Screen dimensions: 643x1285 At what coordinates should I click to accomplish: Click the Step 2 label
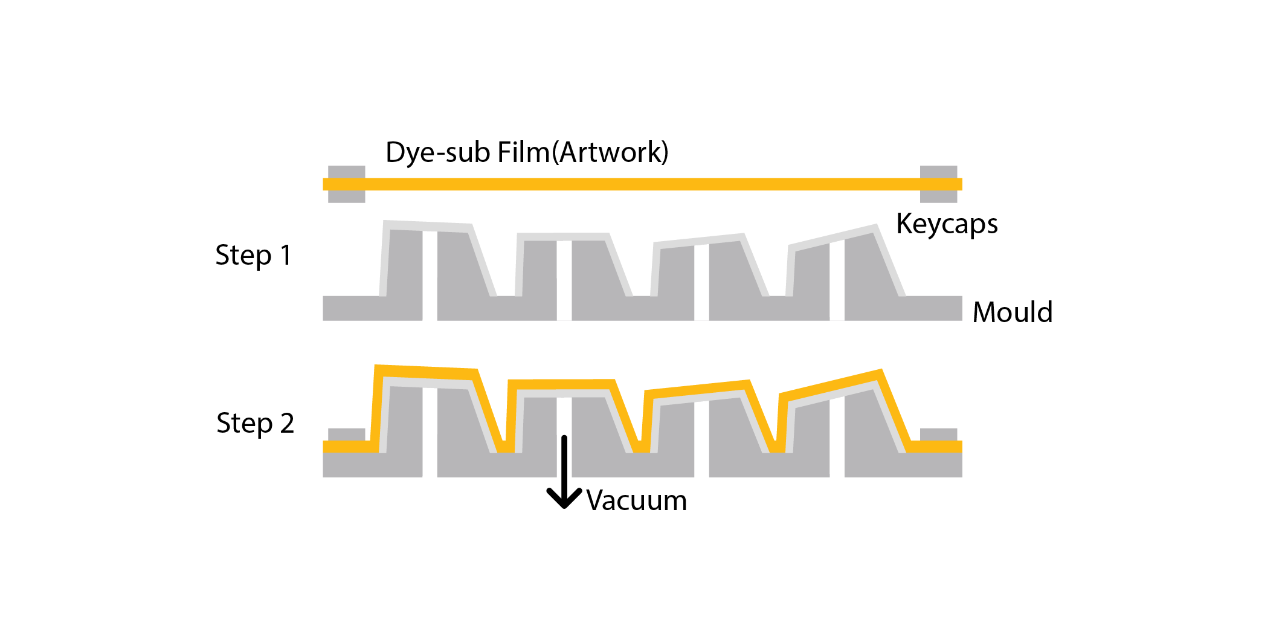[x=255, y=423]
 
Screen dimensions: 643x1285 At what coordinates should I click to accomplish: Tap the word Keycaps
[x=946, y=224]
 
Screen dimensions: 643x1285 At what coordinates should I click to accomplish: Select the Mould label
[x=1013, y=312]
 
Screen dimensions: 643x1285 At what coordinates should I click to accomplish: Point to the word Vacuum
[x=636, y=501]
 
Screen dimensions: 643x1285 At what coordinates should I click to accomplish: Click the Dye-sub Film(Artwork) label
[x=527, y=152]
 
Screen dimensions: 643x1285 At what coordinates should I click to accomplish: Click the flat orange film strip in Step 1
[x=640, y=184]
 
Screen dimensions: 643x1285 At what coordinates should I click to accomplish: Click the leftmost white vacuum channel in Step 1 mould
[x=430, y=275]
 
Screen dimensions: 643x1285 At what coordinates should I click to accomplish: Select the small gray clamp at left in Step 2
[x=346, y=435]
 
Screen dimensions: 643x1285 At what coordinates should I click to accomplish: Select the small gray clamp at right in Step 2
[x=938, y=435]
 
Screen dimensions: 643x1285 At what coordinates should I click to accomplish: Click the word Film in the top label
[x=523, y=152]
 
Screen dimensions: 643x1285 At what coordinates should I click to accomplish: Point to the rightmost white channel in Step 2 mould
[x=837, y=438]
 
